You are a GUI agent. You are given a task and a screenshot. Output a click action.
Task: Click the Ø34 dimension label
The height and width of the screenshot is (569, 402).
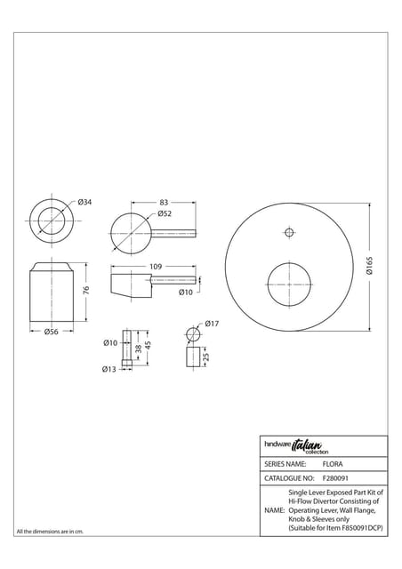[x=84, y=202]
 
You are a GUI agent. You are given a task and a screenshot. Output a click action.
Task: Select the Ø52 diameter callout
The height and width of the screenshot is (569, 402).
[x=165, y=213]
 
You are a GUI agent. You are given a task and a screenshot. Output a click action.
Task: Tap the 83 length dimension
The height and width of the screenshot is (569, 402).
[x=164, y=202]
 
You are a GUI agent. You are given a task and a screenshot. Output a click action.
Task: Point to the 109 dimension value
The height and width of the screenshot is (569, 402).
[x=156, y=267]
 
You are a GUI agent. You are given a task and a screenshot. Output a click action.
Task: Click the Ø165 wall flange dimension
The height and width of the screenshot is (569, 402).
[x=369, y=266]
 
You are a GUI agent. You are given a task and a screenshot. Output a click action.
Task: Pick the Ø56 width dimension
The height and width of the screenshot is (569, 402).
[x=52, y=332]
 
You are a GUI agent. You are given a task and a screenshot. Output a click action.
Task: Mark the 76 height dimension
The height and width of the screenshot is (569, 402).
[x=86, y=290]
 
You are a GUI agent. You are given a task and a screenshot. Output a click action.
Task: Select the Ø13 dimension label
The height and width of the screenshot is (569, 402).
[x=109, y=369]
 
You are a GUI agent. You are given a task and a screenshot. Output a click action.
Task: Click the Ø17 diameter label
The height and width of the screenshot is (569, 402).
[x=212, y=324]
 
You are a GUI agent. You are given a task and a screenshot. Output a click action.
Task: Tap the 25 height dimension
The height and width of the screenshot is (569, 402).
[x=206, y=357]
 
